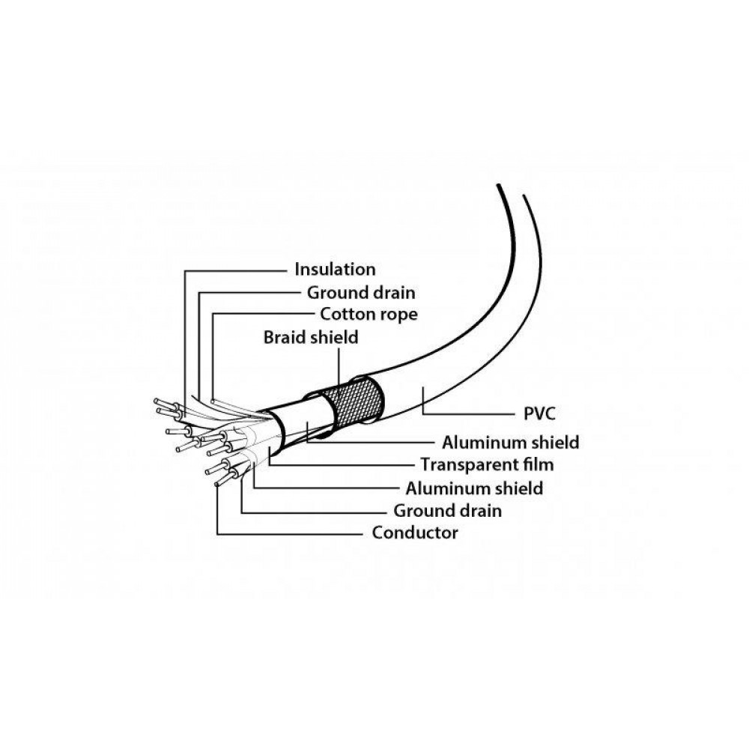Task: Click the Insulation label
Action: pyautogui.click(x=335, y=270)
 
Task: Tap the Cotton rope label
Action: pyautogui.click(x=369, y=315)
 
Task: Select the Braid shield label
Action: pyautogui.click(x=311, y=337)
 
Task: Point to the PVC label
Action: pyautogui.click(x=539, y=413)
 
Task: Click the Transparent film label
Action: pyautogui.click(x=487, y=464)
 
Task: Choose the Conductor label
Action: pyautogui.click(x=415, y=533)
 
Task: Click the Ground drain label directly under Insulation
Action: pyautogui.click(x=361, y=292)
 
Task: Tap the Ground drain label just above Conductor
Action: pyautogui.click(x=448, y=511)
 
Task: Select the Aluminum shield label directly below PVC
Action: pyautogui.click(x=510, y=443)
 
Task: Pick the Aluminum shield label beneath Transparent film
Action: pyautogui.click(x=474, y=488)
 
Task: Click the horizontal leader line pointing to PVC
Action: pyautogui.click(x=467, y=413)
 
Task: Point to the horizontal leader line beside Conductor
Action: pyautogui.click(x=291, y=534)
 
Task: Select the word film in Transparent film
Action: pyautogui.click(x=537, y=464)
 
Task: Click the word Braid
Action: pyautogui.click(x=285, y=337)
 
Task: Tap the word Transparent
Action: pyautogui.click(x=468, y=464)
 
